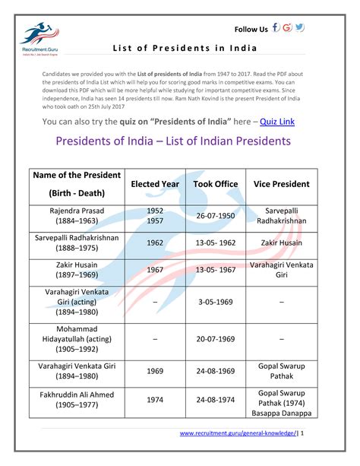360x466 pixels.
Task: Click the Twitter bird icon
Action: point(300,28)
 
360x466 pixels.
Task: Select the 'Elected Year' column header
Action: point(155,184)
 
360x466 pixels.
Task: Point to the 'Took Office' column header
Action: point(215,184)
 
